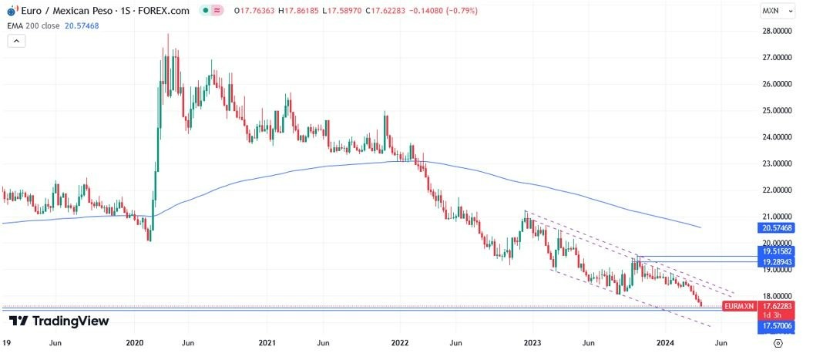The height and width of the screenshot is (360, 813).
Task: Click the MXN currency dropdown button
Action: click(x=774, y=11)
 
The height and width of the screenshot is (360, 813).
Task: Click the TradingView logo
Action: click(x=59, y=321)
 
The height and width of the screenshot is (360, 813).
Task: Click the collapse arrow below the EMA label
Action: click(x=15, y=41)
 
